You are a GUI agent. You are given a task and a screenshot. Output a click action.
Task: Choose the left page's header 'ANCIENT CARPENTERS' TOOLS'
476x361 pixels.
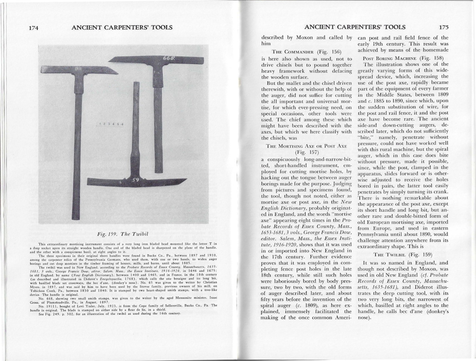pyautogui.click(x=122, y=27)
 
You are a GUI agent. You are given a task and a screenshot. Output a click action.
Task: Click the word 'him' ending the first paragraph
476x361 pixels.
pyautogui.click(x=266, y=44)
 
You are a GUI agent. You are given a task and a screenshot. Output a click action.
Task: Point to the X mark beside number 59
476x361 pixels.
pyautogui.click(x=122, y=182)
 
